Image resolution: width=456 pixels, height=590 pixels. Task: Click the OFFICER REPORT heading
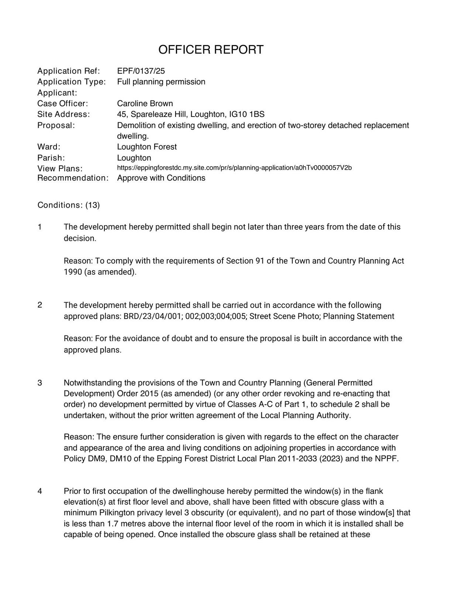[x=211, y=49]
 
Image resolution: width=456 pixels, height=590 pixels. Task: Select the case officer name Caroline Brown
[x=145, y=103]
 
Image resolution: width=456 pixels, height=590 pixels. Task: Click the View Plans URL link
[x=234, y=168]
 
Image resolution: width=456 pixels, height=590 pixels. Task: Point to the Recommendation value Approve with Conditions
[x=161, y=178]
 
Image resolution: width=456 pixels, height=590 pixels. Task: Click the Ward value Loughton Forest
[x=147, y=147]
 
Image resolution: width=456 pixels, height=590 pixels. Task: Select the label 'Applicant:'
[x=57, y=93]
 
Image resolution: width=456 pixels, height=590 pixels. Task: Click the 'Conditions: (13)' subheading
[x=69, y=205]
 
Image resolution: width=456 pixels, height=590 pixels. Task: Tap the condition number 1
[x=40, y=227]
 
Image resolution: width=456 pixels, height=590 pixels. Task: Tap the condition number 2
[x=40, y=305]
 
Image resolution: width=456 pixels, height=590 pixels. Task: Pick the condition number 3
[x=40, y=383]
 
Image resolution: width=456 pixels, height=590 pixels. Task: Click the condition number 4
[x=40, y=491]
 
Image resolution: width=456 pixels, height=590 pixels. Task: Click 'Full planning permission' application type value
[x=161, y=82]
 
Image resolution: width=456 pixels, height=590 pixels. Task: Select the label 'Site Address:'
[x=63, y=114]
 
